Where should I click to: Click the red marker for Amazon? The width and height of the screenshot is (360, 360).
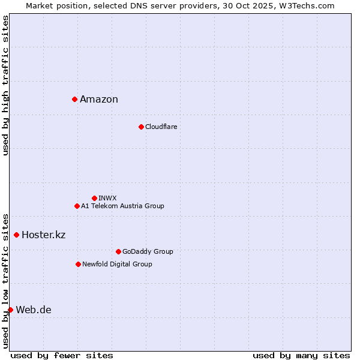pos(74,99)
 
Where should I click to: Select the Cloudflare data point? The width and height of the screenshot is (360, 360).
pos(141,127)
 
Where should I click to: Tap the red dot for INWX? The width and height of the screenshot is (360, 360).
pos(94,198)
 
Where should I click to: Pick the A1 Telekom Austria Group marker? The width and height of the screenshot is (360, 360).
pos(77,206)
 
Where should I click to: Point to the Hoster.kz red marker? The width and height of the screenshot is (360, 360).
pos(16,235)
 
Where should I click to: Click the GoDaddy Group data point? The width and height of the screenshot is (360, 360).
pos(118,251)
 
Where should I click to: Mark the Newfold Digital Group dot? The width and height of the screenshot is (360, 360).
pos(78,264)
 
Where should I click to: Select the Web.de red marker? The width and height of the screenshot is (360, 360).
pos(10,310)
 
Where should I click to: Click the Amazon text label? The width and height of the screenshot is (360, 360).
pos(99,100)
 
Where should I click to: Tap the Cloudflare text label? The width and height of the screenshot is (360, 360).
pos(161,127)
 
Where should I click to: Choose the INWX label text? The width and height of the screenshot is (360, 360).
pos(107,198)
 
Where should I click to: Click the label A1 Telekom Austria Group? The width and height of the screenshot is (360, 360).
pos(122,206)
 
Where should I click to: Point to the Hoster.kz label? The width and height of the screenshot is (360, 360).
pos(43,235)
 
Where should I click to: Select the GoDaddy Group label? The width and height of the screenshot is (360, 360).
pos(148,251)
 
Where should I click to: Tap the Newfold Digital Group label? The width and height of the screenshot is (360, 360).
pos(117,264)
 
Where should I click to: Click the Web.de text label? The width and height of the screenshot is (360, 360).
pos(34,310)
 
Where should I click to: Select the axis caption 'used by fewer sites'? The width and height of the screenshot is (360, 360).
pos(62,355)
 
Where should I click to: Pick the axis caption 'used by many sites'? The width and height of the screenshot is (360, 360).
pos(301,355)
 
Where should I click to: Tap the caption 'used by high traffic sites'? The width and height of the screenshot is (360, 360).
pos(5,85)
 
